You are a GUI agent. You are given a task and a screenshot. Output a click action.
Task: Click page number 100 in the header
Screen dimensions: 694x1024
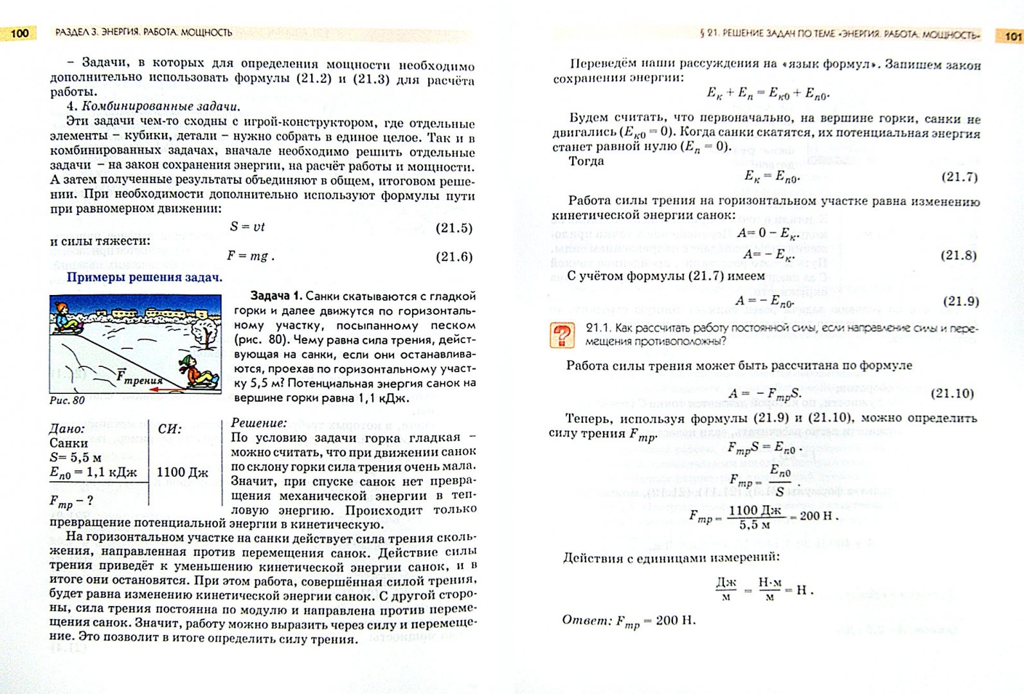pos(20,33)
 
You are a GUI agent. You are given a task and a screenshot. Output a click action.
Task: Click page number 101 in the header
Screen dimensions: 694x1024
pos(1011,36)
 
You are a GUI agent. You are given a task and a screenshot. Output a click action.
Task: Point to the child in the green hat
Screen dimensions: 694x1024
pos(190,373)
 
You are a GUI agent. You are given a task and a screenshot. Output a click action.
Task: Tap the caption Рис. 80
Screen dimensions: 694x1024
pos(67,400)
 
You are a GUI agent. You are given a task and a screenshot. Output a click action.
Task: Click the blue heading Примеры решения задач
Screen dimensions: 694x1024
pos(145,278)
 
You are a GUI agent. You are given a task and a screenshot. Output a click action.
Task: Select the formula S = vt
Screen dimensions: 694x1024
pos(247,227)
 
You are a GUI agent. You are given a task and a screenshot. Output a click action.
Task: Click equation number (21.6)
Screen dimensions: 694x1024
pos(454,257)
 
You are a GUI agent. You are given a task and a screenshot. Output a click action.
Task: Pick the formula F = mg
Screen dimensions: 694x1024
pos(249,256)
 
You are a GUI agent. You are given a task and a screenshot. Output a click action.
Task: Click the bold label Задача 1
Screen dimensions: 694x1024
pos(275,296)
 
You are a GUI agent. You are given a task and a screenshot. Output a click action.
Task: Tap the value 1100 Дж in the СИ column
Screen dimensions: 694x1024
pos(182,473)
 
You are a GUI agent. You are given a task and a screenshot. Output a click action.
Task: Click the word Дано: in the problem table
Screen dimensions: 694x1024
pos(67,429)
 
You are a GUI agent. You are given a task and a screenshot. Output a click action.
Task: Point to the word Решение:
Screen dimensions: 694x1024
pos(258,423)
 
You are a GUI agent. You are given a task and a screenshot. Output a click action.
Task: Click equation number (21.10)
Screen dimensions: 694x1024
pos(952,393)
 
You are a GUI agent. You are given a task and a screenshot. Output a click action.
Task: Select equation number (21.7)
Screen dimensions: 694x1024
pos(959,177)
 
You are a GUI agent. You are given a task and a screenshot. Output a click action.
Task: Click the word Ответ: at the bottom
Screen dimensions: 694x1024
pos(586,620)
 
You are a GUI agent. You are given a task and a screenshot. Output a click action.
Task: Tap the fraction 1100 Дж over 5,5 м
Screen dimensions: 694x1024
pos(755,517)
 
